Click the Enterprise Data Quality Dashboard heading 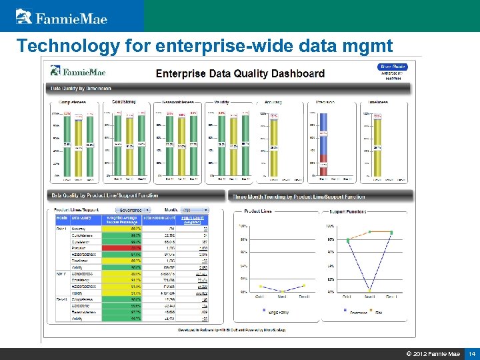240,73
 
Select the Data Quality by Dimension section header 80,89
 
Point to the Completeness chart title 72,103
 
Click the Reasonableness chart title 177,103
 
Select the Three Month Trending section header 299,197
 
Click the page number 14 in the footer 471,353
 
